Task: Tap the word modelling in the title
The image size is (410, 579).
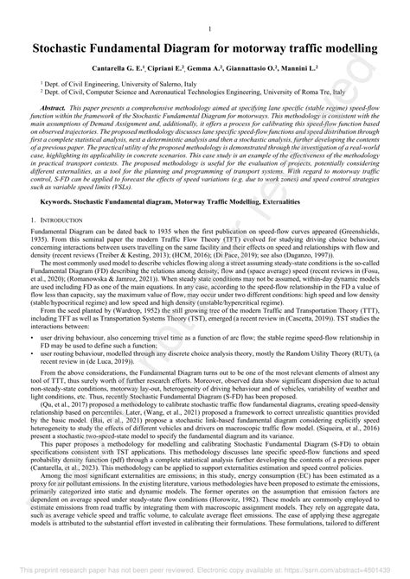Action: tap(344, 48)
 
